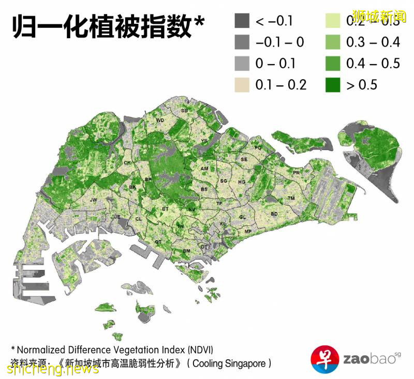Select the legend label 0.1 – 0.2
click(x=281, y=85)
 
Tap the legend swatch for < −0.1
click(x=242, y=21)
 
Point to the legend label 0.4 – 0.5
click(x=373, y=64)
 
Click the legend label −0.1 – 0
click(x=280, y=43)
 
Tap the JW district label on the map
click(x=94, y=200)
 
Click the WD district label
click(x=160, y=120)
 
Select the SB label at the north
click(x=184, y=111)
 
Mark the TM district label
click(x=291, y=199)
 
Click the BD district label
click(x=274, y=214)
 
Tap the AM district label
click(x=204, y=169)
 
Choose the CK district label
click(x=127, y=163)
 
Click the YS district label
click(x=204, y=141)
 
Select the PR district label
click(x=297, y=173)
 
